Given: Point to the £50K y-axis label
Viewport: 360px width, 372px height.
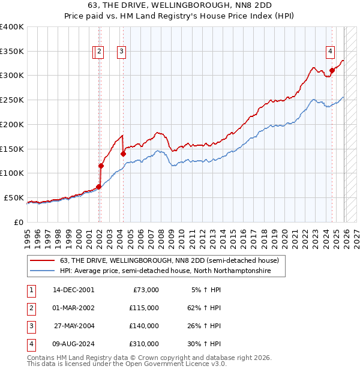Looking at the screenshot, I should (14, 197).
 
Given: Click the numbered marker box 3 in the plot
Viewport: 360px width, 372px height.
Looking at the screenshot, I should (121, 52).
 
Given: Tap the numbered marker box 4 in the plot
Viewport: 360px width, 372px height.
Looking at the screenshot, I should (330, 52).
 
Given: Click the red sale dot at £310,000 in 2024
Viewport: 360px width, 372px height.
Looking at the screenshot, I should (332, 70).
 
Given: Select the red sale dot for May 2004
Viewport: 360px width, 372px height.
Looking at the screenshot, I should (123, 154).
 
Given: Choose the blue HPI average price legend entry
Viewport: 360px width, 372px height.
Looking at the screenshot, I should (166, 271).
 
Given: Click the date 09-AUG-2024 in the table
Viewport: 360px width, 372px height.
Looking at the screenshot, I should (73, 344).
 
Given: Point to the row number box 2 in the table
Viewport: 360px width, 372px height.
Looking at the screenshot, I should (31, 308).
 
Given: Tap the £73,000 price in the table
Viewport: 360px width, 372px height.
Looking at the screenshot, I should (145, 290).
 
